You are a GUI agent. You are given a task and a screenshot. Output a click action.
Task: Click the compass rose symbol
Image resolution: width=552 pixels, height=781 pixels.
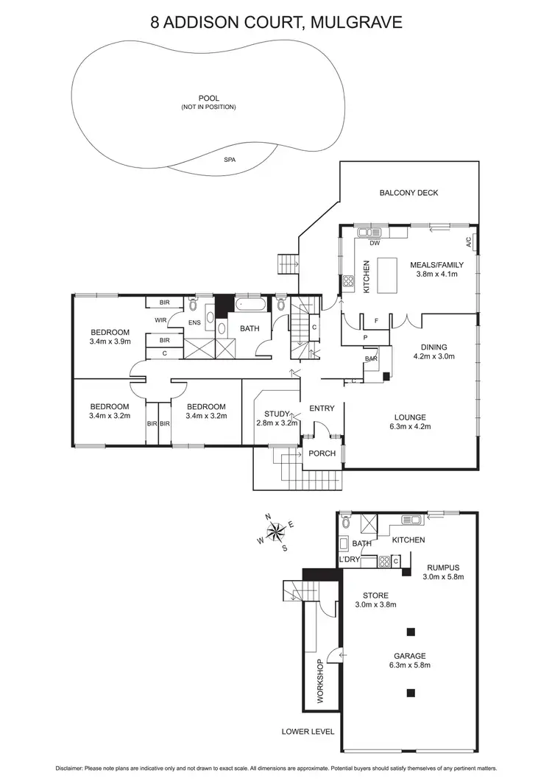[276, 530]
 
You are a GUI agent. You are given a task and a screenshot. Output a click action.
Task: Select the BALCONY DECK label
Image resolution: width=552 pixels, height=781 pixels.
[408, 193]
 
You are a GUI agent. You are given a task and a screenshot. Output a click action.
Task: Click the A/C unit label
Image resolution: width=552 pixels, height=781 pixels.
[468, 241]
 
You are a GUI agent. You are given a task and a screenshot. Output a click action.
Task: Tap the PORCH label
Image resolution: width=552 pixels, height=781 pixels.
[322, 453]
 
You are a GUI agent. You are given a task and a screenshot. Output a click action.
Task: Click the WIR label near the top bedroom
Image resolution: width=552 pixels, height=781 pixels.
[160, 320]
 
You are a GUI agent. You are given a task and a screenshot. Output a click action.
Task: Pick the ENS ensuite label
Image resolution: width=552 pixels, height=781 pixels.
[195, 322]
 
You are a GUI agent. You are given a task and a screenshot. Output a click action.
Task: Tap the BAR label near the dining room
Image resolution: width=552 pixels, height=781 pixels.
[371, 358]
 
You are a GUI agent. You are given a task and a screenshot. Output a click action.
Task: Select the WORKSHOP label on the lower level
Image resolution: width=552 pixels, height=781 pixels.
[320, 682]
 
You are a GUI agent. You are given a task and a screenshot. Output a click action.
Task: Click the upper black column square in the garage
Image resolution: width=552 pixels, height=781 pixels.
[411, 631]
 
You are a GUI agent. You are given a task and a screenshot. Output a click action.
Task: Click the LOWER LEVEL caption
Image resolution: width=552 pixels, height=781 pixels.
[308, 732]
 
